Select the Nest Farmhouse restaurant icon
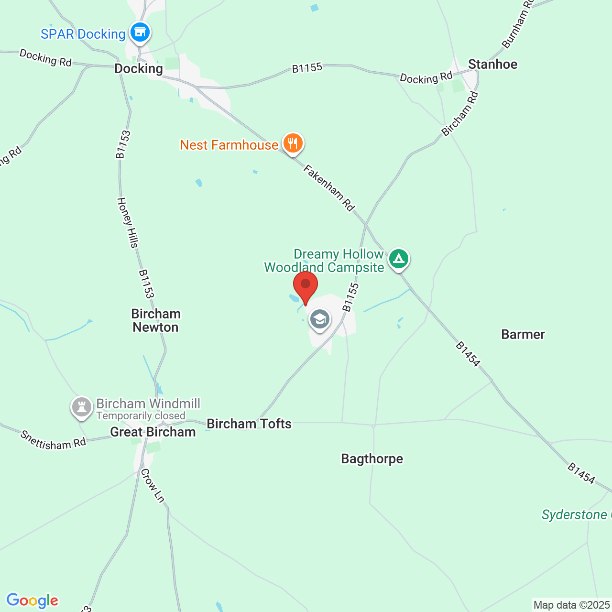coord(293,143)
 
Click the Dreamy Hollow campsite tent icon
coord(398,259)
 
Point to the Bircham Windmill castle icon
coord(82,407)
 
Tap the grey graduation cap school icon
coord(319,319)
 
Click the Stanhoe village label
coord(492,64)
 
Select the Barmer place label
coord(523,334)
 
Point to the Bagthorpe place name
coord(372,459)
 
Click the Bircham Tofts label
coord(249,424)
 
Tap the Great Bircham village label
coord(153,432)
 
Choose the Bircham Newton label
coord(156,320)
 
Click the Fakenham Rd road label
coord(329,187)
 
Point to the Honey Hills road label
coord(128,223)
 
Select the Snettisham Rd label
coord(53,440)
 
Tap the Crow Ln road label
coord(153,486)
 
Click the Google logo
coord(33,601)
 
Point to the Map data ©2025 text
coord(571,605)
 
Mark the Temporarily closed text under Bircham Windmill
coord(141,416)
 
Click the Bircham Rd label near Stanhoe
coord(459,114)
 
